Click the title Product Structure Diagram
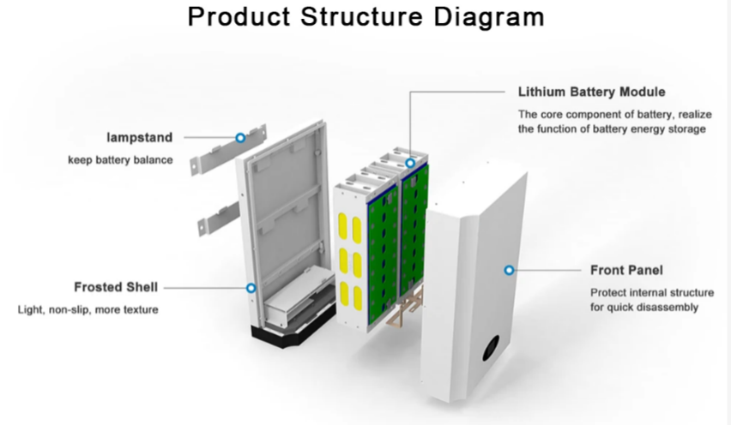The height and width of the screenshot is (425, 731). point(365,17)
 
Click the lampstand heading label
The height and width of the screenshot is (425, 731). point(141,137)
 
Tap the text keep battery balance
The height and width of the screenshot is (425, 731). point(120,159)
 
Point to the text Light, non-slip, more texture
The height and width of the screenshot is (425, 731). point(88,308)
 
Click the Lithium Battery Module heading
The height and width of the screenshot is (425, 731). point(591,92)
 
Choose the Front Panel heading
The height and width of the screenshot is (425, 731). point(626,270)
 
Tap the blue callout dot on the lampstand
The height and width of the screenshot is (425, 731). point(240,137)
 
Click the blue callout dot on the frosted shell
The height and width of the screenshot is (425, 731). point(251,288)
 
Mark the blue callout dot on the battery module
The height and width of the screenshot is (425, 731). point(410,162)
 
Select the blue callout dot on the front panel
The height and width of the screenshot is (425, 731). point(509,270)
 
